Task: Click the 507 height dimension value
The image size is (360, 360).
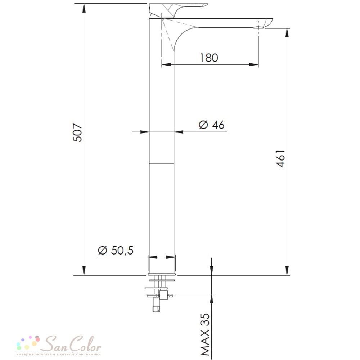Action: pyautogui.click(x=77, y=132)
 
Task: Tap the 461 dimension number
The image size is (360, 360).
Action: pyautogui.click(x=280, y=158)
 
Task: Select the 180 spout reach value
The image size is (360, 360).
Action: pyautogui.click(x=209, y=58)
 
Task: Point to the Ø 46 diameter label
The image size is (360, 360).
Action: pyautogui.click(x=211, y=125)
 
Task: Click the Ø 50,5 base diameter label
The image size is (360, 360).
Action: pyautogui.click(x=116, y=250)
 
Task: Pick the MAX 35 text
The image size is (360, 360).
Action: pyautogui.click(x=205, y=334)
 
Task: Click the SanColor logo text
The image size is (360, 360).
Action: pyautogui.click(x=72, y=343)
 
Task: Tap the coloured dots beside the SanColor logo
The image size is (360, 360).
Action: pyautogui.click(x=28, y=343)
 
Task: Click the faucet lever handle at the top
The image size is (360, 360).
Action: pyautogui.click(x=178, y=10)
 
